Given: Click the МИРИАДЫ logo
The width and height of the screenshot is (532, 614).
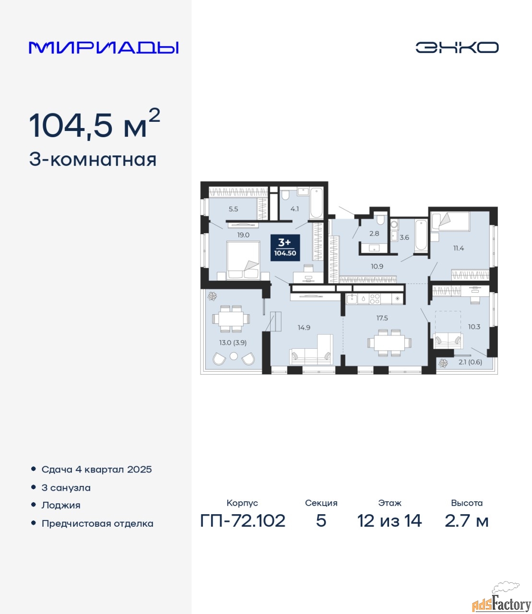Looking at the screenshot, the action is point(104,47).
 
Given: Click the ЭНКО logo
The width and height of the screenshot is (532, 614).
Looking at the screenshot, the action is point(457,47).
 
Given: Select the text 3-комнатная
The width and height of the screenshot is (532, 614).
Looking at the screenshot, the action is point(93,160).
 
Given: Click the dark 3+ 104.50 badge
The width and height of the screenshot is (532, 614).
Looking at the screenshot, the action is point(285,248).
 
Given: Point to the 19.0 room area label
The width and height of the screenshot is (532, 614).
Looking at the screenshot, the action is point(243,235).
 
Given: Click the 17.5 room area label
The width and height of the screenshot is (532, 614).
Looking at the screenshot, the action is point(382,318).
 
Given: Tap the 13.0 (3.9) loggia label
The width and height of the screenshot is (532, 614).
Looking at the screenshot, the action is point(233,342).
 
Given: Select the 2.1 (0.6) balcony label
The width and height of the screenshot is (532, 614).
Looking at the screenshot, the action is point(470,362).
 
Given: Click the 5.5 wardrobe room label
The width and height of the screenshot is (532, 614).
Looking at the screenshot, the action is point(233,209).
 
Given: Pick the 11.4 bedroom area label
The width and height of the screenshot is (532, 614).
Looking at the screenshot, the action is point(458,248).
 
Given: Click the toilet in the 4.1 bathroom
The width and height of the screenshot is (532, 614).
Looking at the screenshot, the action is point(285,195).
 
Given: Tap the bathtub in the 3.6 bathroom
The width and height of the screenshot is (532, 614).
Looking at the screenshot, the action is point(421,235).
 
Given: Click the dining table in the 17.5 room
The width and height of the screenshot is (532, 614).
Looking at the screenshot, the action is point(390,342).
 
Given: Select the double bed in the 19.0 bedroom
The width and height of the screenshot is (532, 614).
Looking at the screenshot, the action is point(243,260).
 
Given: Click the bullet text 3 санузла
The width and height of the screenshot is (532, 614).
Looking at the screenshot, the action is point(66,488).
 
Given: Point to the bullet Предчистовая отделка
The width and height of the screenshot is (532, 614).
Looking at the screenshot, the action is point(97,523).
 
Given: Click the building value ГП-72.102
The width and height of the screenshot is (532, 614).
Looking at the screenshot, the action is point(243,521).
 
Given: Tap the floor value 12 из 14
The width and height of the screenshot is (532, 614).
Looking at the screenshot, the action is point(389,521).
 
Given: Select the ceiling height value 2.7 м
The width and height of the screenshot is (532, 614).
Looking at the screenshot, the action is point(466,521).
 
